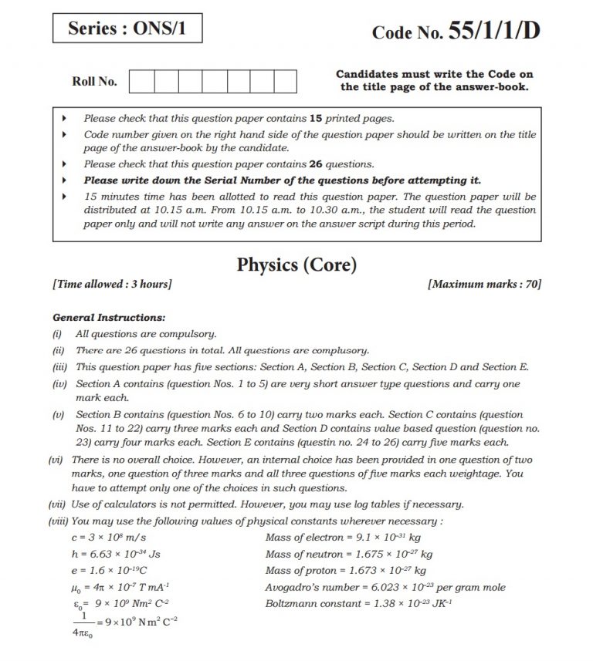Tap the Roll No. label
pos(94,81)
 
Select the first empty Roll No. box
pos(141,81)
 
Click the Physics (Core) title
pos(296,265)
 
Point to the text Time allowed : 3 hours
pos(112,285)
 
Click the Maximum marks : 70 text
pos(484,285)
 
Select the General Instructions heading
pos(108,317)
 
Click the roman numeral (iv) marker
pos(59,383)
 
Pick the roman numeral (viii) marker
pos(59,521)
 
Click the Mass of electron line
pos(343,537)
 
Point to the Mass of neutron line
pos(348,554)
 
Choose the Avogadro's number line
pos(385,587)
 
